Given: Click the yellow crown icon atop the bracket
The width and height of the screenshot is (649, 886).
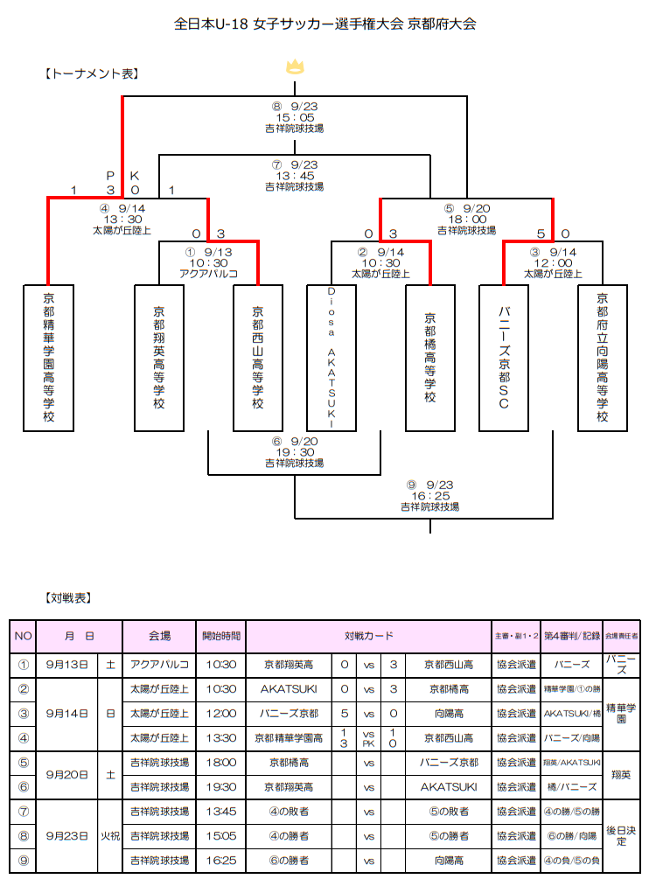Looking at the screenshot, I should (x=295, y=67).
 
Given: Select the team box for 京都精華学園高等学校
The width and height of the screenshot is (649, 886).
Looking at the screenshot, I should (x=48, y=357).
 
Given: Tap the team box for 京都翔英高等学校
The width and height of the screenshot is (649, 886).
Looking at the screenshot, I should (x=158, y=357).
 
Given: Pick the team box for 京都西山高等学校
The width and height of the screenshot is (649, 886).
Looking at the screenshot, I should (x=258, y=357).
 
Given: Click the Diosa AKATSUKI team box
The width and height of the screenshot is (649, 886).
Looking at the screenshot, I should (x=331, y=357).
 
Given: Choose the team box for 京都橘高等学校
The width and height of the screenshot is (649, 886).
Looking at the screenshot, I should (x=430, y=357).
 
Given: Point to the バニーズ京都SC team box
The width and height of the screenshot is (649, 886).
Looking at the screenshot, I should (x=504, y=357).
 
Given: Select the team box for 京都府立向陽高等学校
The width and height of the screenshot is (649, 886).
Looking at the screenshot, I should (x=603, y=357).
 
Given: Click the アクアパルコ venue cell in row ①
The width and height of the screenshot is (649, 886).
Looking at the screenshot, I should (x=159, y=665).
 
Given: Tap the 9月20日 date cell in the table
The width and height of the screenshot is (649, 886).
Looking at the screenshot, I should (x=67, y=775).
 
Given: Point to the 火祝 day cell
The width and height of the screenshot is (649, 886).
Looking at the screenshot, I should (x=109, y=836).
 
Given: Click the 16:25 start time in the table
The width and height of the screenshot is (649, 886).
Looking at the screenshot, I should (x=220, y=861).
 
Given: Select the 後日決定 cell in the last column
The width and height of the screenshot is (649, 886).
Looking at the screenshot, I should (x=622, y=836).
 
